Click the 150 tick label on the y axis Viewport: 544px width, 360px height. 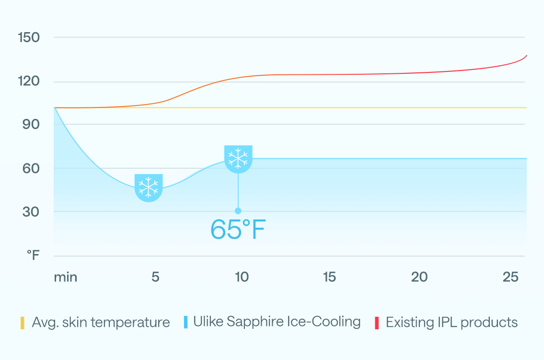[29, 37]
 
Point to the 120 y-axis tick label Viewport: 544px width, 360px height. [29, 81]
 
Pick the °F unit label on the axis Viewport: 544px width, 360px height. [33, 255]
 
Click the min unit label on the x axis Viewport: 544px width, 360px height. [65, 277]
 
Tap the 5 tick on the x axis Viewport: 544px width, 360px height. [155, 277]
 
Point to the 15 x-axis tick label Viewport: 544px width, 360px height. [329, 277]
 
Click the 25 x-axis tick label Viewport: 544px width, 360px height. [511, 277]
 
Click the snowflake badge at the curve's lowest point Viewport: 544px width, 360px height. [149, 187]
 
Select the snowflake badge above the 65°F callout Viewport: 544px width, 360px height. [238, 159]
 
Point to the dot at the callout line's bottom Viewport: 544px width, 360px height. [238, 211]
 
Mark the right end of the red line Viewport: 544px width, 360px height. [526, 56]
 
